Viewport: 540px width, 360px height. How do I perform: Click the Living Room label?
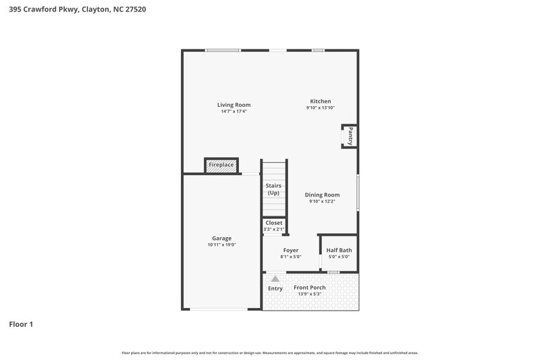(234, 105)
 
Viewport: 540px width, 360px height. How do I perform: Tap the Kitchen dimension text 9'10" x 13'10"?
(320, 108)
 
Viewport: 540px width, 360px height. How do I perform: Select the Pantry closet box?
(350, 136)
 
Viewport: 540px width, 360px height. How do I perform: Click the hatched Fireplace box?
(221, 165)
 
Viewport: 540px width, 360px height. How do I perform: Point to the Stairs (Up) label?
(273, 189)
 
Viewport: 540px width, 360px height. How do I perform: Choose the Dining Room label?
(322, 195)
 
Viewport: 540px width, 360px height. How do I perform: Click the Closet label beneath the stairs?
(274, 223)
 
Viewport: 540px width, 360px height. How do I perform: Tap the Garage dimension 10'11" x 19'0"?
(221, 245)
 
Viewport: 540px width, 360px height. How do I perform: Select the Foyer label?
(290, 250)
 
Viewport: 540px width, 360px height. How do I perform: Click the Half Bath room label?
(339, 250)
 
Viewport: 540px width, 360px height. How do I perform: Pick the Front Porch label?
(309, 287)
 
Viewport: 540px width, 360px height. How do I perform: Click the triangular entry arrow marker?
(275, 278)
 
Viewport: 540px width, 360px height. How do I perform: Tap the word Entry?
(275, 288)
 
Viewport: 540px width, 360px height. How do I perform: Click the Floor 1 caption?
(21, 324)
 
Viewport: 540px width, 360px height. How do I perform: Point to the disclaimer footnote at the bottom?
(270, 353)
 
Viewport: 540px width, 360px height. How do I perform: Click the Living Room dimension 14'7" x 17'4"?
(234, 111)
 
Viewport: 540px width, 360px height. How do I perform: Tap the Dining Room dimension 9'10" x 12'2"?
(322, 201)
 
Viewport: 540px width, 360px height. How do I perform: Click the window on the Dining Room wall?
(358, 192)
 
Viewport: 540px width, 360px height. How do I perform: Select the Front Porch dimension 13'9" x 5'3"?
(309, 294)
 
